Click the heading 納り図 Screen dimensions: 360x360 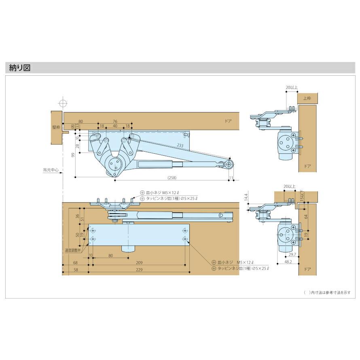pos(20,68)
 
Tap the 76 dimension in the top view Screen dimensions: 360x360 pos(115,121)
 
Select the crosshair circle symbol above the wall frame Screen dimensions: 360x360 pos(62,102)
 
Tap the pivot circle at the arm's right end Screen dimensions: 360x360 pos(229,164)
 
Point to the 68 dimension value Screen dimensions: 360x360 pos(76,262)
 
